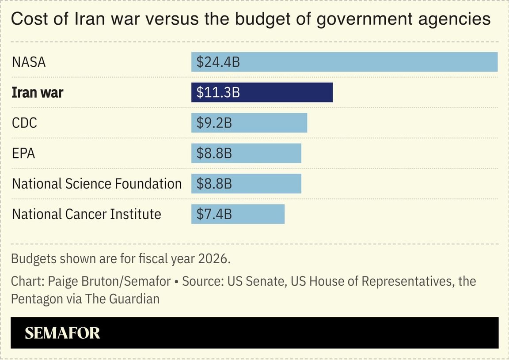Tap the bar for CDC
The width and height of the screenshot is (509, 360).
click(x=265, y=123)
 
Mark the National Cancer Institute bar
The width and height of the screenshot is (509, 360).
click(x=256, y=214)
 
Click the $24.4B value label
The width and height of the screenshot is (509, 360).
click(x=218, y=62)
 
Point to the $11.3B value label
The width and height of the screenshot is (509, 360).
click(x=218, y=93)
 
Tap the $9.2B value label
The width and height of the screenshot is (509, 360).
click(x=214, y=123)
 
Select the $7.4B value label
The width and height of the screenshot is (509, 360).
click(x=214, y=215)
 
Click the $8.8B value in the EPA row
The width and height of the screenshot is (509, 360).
click(x=214, y=153)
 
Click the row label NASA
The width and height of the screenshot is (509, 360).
click(x=29, y=62)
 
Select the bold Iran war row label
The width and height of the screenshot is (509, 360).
click(x=38, y=93)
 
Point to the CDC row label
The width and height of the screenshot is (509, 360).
click(x=24, y=123)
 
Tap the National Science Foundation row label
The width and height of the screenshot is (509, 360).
click(x=97, y=184)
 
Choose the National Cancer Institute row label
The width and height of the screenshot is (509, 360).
click(x=87, y=214)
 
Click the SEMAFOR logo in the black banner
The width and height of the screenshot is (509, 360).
click(x=62, y=333)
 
